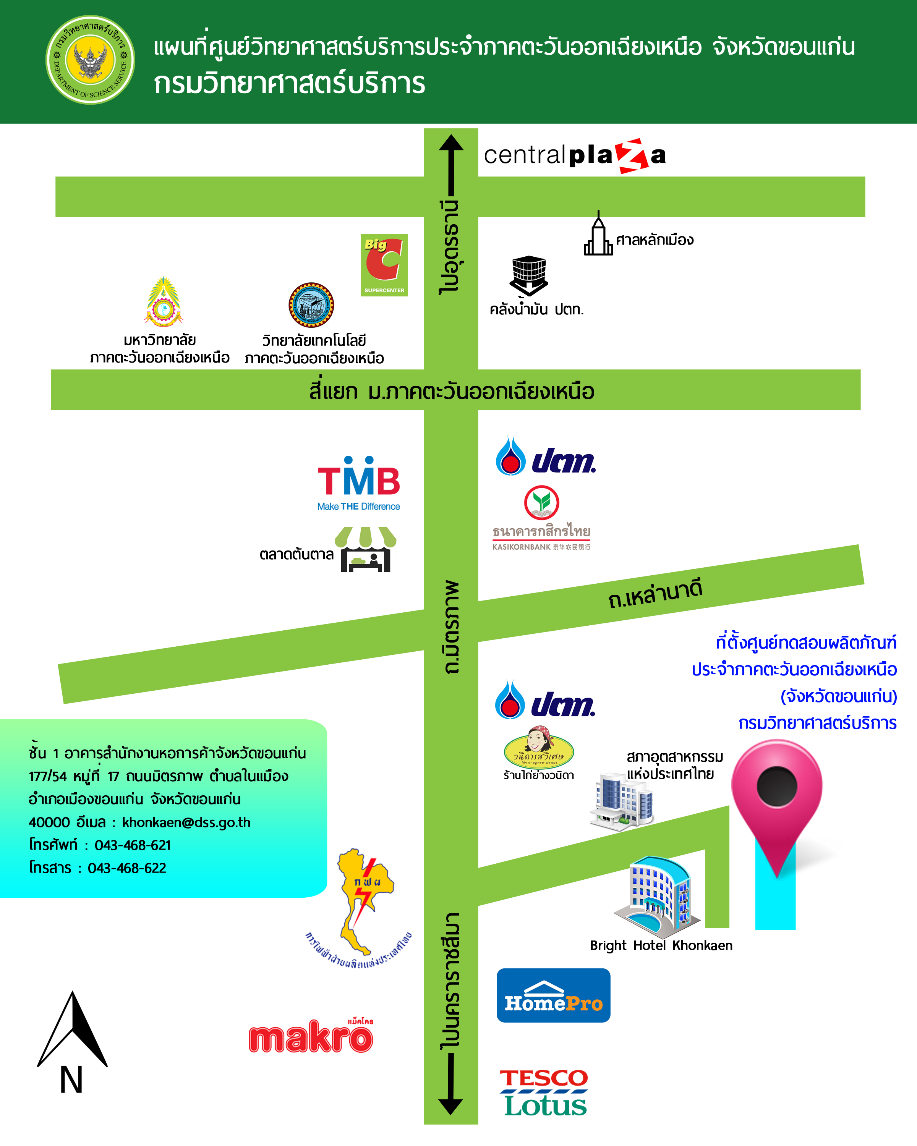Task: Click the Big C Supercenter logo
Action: pos(384,265)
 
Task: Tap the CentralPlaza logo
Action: pos(574,156)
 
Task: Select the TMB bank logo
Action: pos(359,482)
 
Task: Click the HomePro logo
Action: pos(553,995)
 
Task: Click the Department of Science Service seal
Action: pos(91,60)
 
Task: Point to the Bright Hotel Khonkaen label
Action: pos(661,945)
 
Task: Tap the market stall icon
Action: pos(365,549)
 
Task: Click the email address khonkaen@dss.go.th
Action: pos(186,822)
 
